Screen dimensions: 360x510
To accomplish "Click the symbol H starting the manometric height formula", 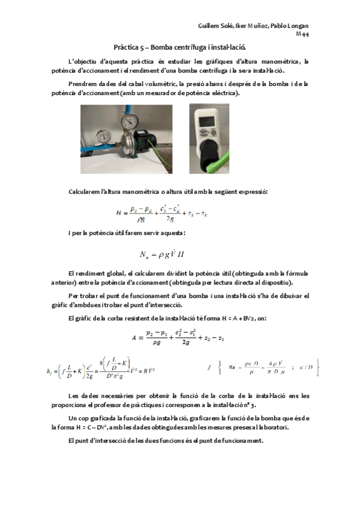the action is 118,213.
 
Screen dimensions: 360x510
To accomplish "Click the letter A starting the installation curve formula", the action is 134,338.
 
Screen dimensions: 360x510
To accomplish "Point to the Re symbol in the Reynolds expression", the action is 233,366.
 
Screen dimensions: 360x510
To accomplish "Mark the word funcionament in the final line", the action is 241,441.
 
